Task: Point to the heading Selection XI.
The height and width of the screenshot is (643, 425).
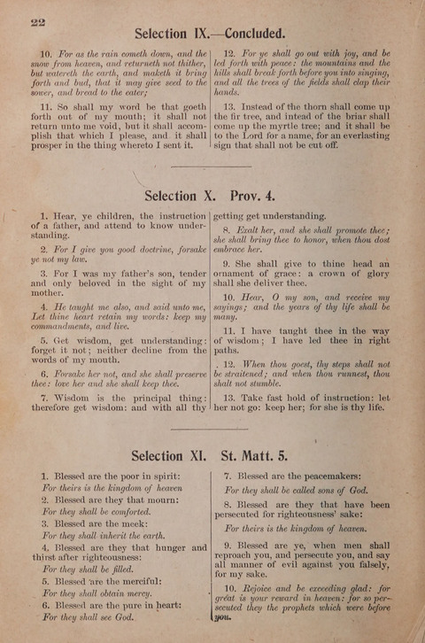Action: click(x=168, y=457)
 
